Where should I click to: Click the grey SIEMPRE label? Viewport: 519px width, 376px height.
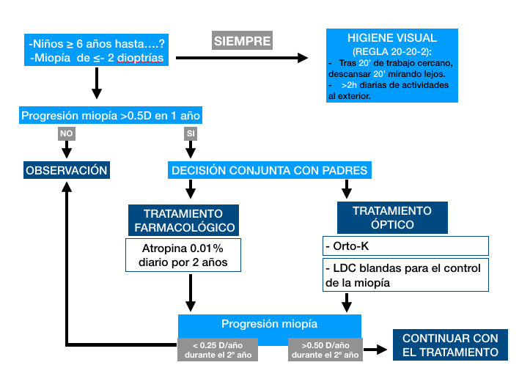click(242, 40)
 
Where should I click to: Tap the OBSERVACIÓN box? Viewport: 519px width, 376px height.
click(67, 170)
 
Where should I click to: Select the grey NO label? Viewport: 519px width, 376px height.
click(67, 133)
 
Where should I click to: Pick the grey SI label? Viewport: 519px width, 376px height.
click(191, 133)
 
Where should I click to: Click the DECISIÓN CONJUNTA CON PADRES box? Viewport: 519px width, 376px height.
click(270, 170)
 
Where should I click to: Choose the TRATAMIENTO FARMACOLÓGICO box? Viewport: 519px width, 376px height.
click(183, 220)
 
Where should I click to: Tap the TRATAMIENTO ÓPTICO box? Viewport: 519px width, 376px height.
click(392, 218)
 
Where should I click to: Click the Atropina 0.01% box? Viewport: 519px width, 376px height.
click(183, 255)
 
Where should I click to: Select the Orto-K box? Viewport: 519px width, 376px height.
click(405, 246)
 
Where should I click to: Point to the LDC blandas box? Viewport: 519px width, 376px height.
click(405, 275)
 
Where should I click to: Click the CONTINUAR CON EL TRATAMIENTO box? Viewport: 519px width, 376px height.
click(450, 345)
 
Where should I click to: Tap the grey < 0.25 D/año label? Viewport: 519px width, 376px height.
click(218, 350)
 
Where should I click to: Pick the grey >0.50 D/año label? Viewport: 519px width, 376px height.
click(325, 350)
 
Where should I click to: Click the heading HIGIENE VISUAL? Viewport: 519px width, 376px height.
click(392, 38)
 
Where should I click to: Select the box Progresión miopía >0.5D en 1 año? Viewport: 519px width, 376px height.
click(111, 115)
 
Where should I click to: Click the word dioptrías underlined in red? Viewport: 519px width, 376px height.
click(140, 58)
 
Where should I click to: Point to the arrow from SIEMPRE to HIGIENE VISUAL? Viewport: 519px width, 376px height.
click(242, 58)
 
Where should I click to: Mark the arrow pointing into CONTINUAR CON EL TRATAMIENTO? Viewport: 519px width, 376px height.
click(375, 349)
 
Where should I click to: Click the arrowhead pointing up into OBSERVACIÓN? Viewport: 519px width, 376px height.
click(67, 187)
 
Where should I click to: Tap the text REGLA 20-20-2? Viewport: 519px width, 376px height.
click(392, 51)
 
